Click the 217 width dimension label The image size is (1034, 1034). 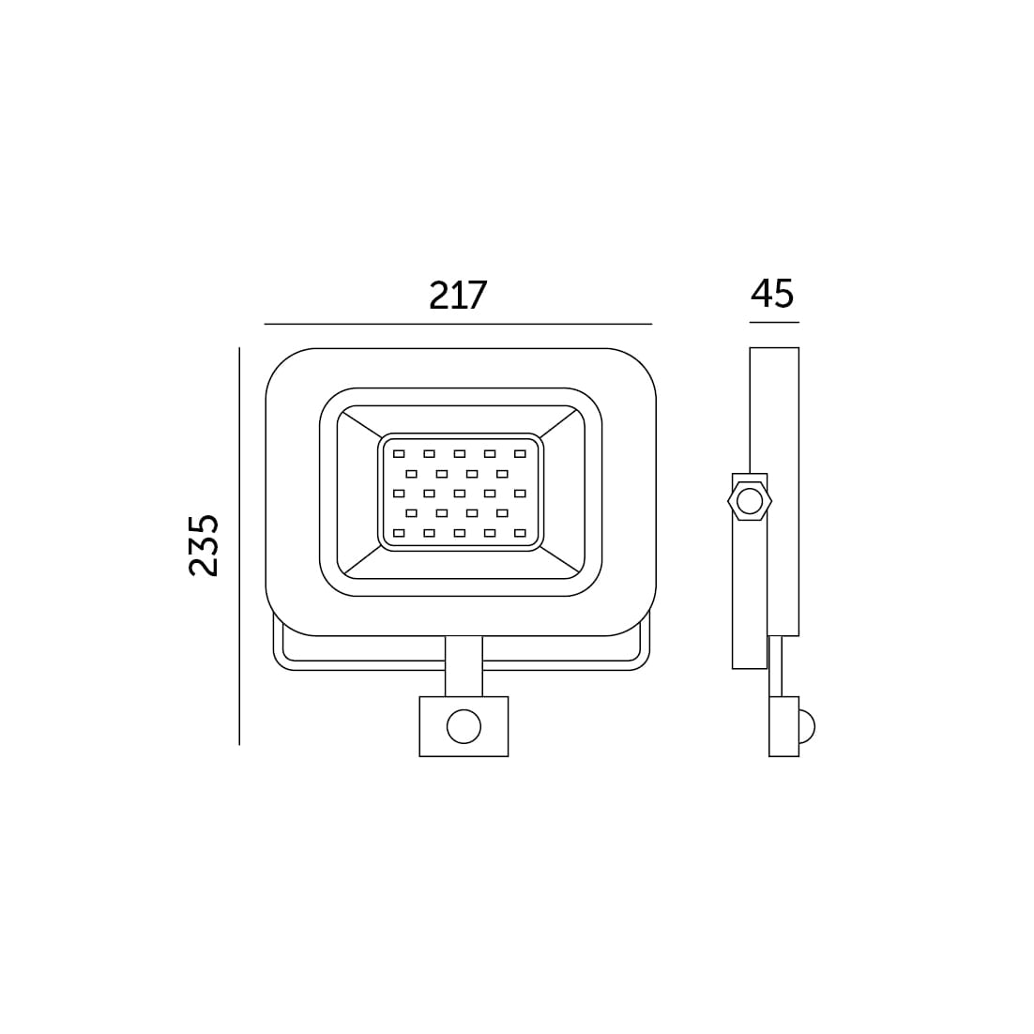coord(458,295)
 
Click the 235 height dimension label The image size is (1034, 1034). coord(203,545)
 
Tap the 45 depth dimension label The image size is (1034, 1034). coord(772,294)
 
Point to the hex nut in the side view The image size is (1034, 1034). coord(749,502)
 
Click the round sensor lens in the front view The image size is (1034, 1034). coord(464,726)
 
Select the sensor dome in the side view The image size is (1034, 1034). coord(807,726)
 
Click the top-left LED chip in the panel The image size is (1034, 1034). coord(399,454)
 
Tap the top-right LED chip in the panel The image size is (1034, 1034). coord(521,454)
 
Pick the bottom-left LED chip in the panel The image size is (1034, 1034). coord(399,533)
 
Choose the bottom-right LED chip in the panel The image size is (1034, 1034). coord(521,533)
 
